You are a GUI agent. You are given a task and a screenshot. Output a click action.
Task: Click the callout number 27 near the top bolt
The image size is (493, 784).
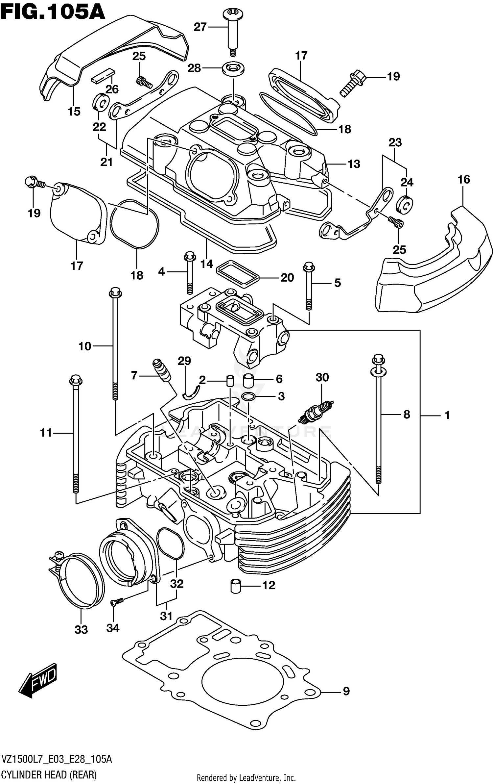200,27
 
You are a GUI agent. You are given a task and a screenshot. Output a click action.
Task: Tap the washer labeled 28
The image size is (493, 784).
233,68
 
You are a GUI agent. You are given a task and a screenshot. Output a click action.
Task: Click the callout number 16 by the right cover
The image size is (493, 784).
463,180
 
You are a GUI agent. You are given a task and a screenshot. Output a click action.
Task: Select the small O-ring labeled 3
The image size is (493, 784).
248,397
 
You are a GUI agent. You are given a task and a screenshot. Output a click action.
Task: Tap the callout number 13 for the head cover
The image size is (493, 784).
354,164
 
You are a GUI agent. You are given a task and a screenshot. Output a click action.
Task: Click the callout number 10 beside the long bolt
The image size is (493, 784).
85,346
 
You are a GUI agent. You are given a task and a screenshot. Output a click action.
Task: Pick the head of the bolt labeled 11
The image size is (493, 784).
76,380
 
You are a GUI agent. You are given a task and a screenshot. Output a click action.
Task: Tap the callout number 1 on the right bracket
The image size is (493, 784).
447,415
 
